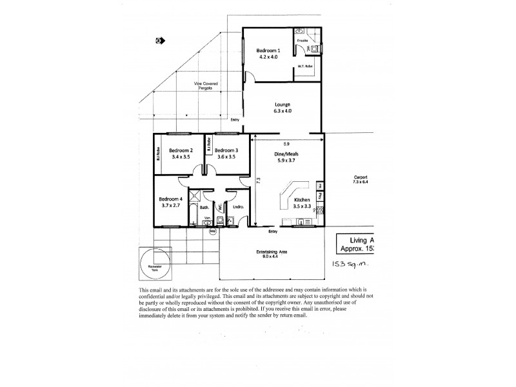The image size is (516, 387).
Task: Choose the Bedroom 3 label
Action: (226, 150)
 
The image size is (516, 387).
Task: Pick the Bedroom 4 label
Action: (170, 199)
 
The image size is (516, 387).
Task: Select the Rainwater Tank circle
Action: (153, 262)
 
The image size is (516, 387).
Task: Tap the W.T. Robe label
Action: (305, 66)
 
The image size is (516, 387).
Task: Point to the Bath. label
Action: (203, 207)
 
